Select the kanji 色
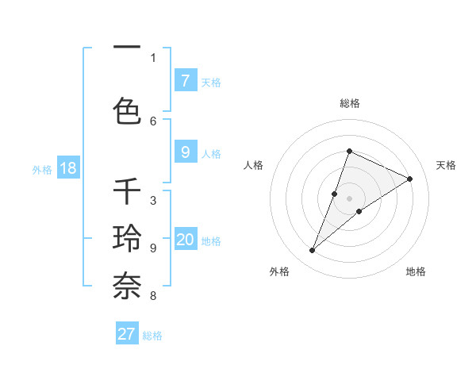(128, 110)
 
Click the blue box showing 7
(185, 80)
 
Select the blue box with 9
(185, 152)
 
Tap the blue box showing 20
(185, 240)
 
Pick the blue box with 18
(67, 169)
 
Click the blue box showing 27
(127, 334)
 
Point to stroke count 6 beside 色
(153, 121)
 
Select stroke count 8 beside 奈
(153, 297)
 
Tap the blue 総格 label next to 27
(152, 336)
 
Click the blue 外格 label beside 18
(42, 170)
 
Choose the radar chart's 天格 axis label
(446, 165)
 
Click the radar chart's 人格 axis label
(253, 165)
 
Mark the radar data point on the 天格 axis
(410, 179)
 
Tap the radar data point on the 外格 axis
(312, 251)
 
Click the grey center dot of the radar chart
(349, 198)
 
